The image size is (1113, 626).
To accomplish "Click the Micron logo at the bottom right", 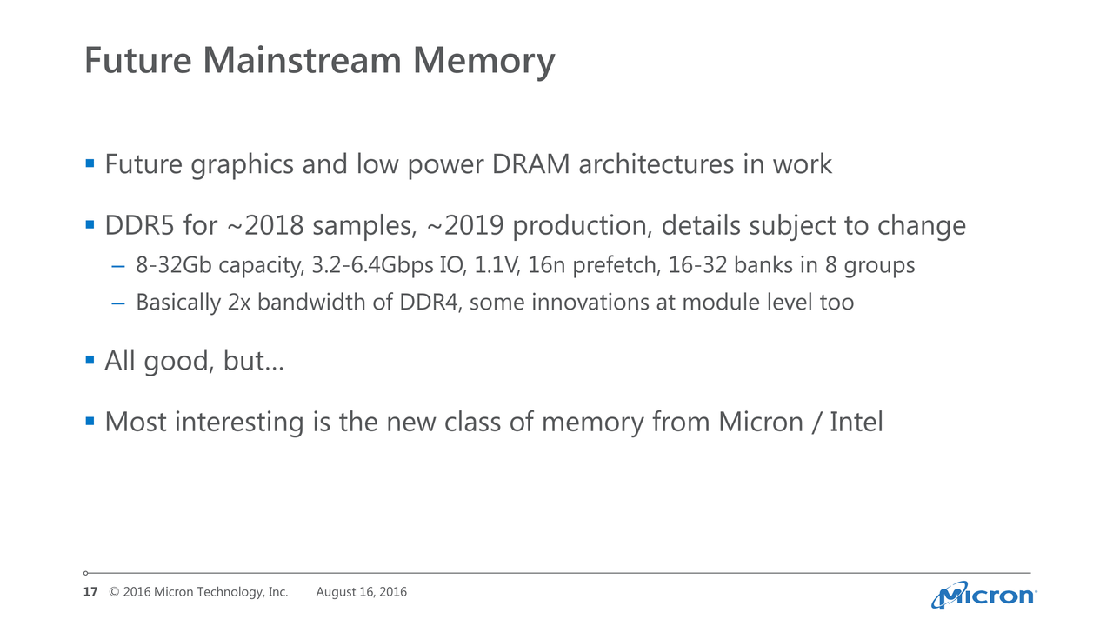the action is pyautogui.click(x=983, y=595).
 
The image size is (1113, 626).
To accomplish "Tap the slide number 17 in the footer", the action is pyautogui.click(x=90, y=592).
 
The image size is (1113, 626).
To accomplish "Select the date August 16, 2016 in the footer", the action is pyautogui.click(x=361, y=592).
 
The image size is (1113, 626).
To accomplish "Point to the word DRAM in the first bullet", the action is pyautogui.click(x=530, y=164).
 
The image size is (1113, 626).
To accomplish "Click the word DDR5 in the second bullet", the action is pyautogui.click(x=140, y=225).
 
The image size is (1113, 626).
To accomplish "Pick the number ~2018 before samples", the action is pyautogui.click(x=265, y=225).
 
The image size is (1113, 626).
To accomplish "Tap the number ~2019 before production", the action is pyautogui.click(x=465, y=225).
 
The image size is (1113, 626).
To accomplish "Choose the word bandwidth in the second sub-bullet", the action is pyautogui.click(x=311, y=302).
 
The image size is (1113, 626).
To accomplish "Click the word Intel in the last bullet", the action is pyautogui.click(x=856, y=422).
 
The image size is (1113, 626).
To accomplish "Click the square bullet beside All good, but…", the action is pyautogui.click(x=90, y=360).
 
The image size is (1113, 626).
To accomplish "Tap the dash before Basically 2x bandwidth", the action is pyautogui.click(x=118, y=303).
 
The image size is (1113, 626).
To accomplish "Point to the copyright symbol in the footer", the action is pyautogui.click(x=114, y=592).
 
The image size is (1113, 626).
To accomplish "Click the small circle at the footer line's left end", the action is pyautogui.click(x=85, y=573).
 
